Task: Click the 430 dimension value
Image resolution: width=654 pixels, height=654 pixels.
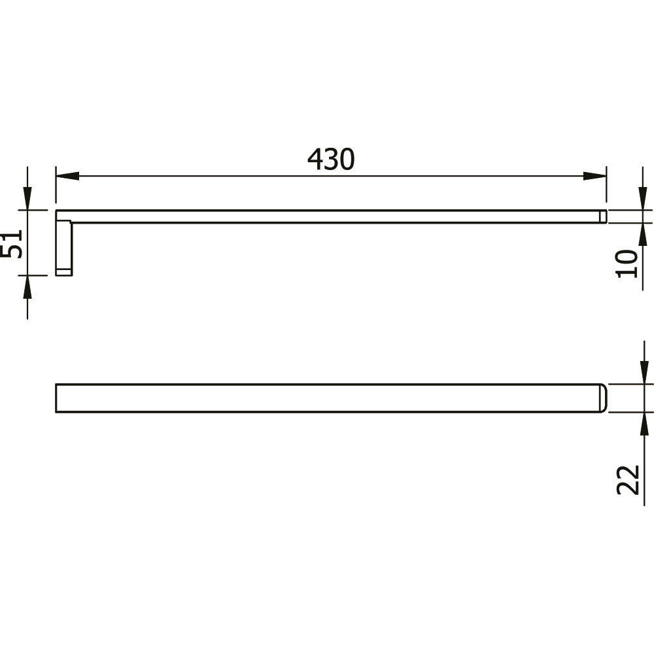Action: (331, 160)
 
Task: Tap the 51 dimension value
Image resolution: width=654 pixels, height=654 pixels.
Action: (11, 244)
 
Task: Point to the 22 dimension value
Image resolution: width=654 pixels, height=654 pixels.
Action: (628, 480)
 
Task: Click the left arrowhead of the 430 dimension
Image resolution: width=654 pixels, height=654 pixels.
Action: (67, 176)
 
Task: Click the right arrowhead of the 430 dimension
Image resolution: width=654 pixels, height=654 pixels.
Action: (594, 176)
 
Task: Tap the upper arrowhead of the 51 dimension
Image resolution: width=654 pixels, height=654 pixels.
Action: (27, 199)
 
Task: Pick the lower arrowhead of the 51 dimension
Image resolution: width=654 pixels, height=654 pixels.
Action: (27, 286)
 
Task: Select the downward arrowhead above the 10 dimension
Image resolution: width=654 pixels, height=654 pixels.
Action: (643, 199)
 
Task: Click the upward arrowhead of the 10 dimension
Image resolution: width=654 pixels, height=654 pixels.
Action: (643, 234)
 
